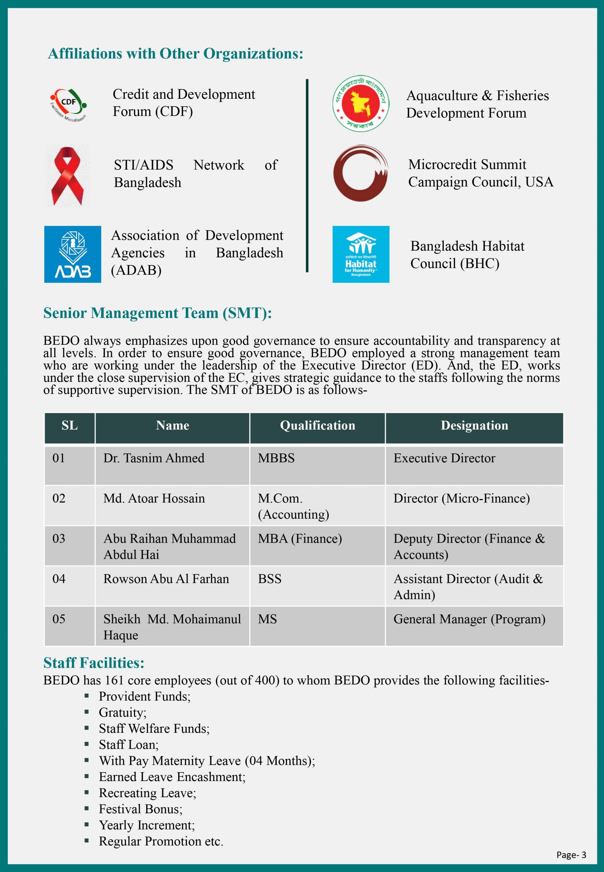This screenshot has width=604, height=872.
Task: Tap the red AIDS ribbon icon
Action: tap(68, 175)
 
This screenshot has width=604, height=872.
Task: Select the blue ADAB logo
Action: tap(72, 254)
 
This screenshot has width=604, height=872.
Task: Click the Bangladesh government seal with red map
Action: tap(361, 103)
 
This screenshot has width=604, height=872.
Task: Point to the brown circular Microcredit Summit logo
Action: tap(361, 173)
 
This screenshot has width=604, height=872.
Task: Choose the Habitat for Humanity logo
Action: tap(361, 254)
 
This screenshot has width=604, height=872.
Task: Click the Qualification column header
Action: tap(317, 425)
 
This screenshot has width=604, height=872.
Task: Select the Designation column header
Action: tap(474, 425)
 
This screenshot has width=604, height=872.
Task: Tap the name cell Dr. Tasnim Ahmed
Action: tap(154, 458)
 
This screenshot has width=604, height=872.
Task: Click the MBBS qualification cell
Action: tap(276, 458)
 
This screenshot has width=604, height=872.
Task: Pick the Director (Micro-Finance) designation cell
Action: tap(461, 498)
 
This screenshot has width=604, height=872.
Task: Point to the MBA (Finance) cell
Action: tap(300, 539)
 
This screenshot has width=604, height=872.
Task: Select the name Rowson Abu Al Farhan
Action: tap(166, 579)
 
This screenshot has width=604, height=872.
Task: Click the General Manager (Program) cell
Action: tap(469, 619)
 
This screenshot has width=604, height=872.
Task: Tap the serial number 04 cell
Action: tap(59, 579)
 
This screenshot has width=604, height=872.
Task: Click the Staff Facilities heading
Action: tap(94, 663)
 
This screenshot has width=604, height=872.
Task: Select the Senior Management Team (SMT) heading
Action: tap(157, 313)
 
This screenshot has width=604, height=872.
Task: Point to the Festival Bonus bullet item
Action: tap(140, 809)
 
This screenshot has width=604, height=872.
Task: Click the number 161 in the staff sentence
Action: tap(114, 680)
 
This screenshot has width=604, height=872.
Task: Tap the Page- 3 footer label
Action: tap(571, 855)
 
